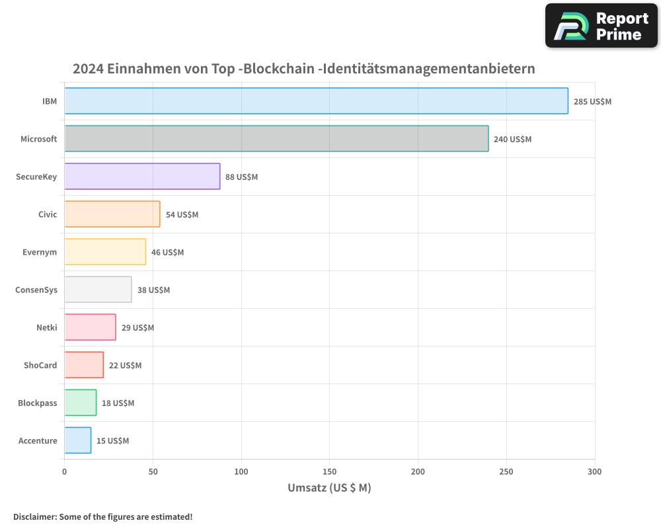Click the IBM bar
(316, 101)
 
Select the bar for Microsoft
(276, 139)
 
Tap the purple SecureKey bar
(142, 177)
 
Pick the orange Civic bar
(112, 214)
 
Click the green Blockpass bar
(81, 403)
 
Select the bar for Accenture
(78, 440)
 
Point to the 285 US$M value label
(592, 102)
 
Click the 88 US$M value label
(241, 177)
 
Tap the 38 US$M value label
(153, 290)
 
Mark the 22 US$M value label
(125, 366)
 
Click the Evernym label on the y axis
(40, 253)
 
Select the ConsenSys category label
(36, 290)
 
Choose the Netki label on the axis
(46, 328)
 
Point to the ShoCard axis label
(40, 366)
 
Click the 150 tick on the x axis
(330, 472)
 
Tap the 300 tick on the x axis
(595, 472)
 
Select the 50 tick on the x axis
(153, 472)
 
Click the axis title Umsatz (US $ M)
(329, 489)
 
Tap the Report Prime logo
(601, 26)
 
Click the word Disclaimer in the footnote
(34, 516)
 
